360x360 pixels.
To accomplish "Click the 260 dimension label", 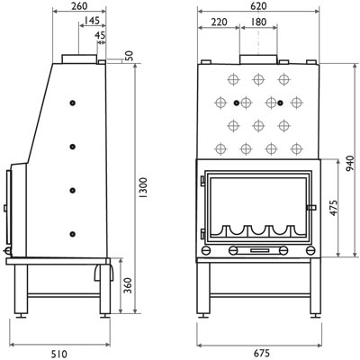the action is (x=79, y=5).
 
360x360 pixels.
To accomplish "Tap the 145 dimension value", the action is (x=92, y=21).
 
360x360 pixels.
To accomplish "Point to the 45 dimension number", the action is (x=100, y=35).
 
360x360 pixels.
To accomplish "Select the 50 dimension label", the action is (x=129, y=57).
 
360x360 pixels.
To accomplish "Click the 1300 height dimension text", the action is (x=144, y=187).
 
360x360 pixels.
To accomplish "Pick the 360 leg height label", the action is (x=128, y=285).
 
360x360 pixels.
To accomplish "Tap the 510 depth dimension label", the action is (x=59, y=354).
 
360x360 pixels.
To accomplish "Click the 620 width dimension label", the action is (x=258, y=5).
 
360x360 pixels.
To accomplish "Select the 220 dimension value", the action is (x=219, y=22).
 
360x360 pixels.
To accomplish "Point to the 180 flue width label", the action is (x=258, y=22).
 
